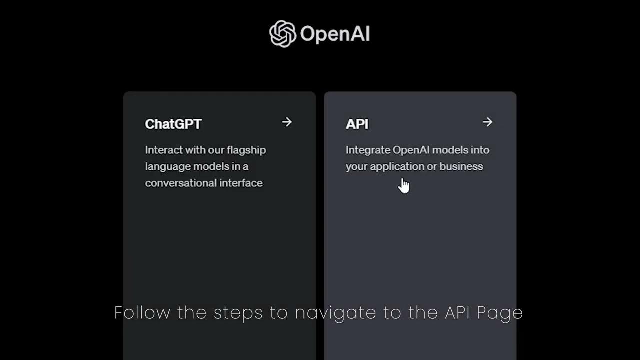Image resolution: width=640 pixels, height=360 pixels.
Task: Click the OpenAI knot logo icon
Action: (x=282, y=34)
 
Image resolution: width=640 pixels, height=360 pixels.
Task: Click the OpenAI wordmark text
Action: (x=335, y=34)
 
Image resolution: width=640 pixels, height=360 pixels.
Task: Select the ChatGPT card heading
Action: (x=173, y=124)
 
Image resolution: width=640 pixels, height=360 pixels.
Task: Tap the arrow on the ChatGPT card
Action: (x=286, y=122)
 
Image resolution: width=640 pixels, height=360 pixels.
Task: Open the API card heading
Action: (x=357, y=124)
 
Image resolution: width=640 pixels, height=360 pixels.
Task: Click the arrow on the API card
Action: (x=487, y=122)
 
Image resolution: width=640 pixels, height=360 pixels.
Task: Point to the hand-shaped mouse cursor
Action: (x=404, y=185)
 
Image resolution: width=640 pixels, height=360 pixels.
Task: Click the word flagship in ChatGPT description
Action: (x=246, y=150)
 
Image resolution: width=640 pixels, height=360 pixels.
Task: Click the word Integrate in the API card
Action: (x=367, y=150)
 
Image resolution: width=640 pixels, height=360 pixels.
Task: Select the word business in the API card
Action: (x=461, y=166)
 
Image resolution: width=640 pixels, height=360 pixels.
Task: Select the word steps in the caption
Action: (x=238, y=313)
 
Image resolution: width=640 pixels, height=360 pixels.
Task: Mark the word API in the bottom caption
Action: (x=457, y=312)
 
